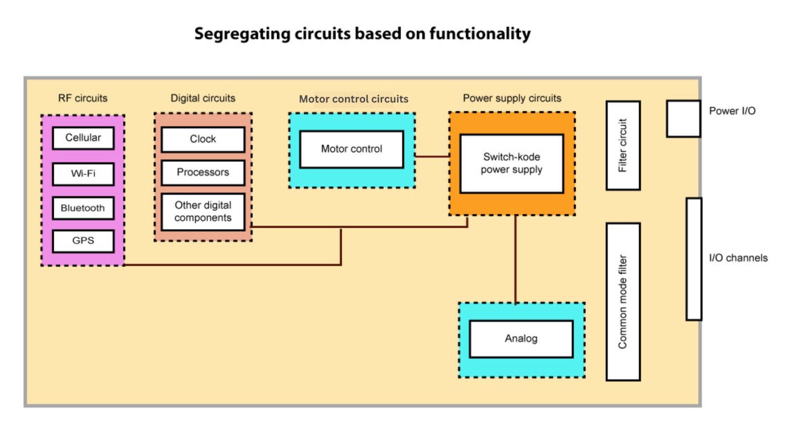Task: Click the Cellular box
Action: coord(83,138)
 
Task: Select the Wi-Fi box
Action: coord(83,174)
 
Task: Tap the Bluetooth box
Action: coord(83,208)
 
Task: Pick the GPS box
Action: coord(83,241)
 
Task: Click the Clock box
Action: coord(203,139)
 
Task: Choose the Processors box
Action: coord(203,172)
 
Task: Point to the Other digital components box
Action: coord(203,211)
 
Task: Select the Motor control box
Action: coord(351,149)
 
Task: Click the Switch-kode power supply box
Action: coord(511,163)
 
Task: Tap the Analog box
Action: coord(521,339)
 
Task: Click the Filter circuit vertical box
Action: coord(623,145)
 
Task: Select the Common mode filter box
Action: coord(623,302)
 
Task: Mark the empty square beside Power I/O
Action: coord(683,119)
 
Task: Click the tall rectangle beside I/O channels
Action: coord(694,259)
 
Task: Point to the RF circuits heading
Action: coord(83,98)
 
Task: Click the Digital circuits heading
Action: coord(203,98)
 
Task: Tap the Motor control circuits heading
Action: coord(354,99)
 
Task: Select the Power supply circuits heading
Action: coord(512,98)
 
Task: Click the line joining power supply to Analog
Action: coord(515,259)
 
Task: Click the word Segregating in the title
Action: coord(242,34)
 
